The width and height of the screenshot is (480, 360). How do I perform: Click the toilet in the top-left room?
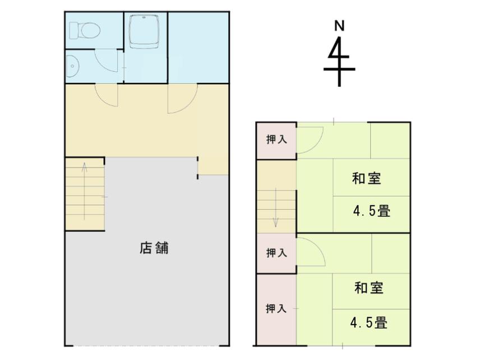[x=85, y=30]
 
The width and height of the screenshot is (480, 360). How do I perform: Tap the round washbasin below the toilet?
[x=72, y=66]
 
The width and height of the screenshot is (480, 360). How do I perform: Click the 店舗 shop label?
[x=154, y=248]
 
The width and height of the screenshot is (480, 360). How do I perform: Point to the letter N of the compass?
[x=339, y=26]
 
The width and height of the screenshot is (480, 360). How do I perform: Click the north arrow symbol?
[x=339, y=61]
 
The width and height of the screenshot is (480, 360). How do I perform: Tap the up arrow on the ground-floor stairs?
[x=85, y=191]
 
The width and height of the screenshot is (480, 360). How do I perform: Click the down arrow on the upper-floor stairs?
[x=276, y=207]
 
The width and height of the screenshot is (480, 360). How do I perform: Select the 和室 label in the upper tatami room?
[x=366, y=178]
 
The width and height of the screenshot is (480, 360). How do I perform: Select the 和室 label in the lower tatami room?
[x=369, y=288]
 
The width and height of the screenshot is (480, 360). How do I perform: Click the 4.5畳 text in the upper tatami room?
[x=372, y=211]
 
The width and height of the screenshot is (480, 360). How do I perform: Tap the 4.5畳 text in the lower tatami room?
[x=369, y=322]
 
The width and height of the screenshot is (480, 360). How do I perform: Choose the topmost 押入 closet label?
[x=276, y=140]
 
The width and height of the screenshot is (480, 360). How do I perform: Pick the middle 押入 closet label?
[x=276, y=253]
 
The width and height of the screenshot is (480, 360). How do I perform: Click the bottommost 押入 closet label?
[x=276, y=308]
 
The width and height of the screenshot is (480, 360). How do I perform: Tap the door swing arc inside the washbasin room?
[x=101, y=65]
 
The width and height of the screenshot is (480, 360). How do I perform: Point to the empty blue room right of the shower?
[x=199, y=48]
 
